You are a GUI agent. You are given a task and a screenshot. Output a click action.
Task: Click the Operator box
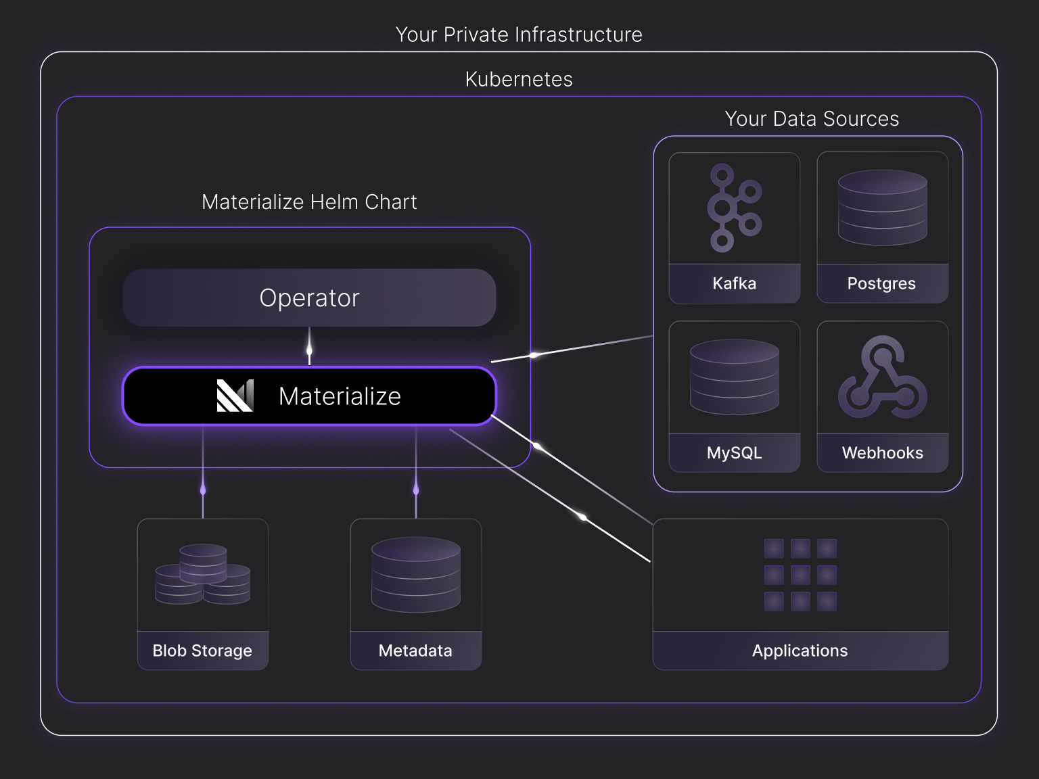tap(309, 298)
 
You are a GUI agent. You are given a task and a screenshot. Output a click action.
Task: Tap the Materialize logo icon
tap(235, 396)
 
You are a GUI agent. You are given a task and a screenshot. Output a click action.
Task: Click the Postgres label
tap(881, 283)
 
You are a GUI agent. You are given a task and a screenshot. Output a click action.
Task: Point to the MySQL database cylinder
tap(734, 377)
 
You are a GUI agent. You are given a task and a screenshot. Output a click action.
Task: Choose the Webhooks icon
tap(882, 377)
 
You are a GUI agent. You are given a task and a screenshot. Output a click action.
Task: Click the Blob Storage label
tap(202, 651)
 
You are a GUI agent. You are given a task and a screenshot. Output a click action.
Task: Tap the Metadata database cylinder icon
tap(415, 574)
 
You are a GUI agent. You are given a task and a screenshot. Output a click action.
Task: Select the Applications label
tap(800, 651)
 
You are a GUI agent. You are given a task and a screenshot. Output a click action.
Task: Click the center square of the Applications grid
tap(800, 575)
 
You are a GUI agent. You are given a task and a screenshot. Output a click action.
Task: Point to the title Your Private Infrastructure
tap(519, 34)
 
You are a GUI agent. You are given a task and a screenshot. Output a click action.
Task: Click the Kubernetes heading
tap(519, 79)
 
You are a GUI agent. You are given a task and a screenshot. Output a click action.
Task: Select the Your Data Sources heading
tap(812, 119)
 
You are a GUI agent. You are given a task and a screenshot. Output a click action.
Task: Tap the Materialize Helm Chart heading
tap(309, 202)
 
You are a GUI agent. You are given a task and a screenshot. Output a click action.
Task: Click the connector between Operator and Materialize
tap(309, 347)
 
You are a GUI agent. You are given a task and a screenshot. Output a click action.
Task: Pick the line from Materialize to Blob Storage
tap(203, 473)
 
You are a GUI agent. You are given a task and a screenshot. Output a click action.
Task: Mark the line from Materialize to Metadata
tap(416, 473)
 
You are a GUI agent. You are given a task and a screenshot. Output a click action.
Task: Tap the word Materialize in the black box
tap(340, 396)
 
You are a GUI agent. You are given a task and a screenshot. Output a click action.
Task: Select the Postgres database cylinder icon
tap(882, 208)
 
